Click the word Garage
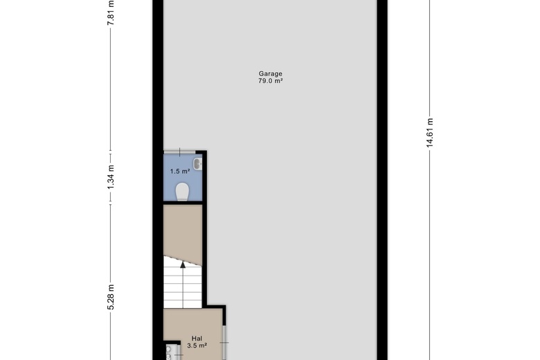coord(270,73)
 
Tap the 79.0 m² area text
coord(270,81)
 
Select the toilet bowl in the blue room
coord(182,192)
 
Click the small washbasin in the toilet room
coord(197,164)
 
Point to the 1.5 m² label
coord(180,171)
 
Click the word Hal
coord(197,339)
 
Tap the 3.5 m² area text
coord(197,345)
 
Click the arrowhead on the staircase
coord(183,264)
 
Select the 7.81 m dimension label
coord(111,13)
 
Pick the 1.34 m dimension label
coord(111,177)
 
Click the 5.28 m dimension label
coord(111,297)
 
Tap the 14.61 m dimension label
coord(429,133)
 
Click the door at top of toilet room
coord(179,152)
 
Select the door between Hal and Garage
coord(224,343)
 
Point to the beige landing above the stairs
coord(183,233)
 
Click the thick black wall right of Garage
coord(382,180)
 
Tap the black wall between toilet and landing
coord(183,203)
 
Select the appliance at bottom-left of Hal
coord(172,352)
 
